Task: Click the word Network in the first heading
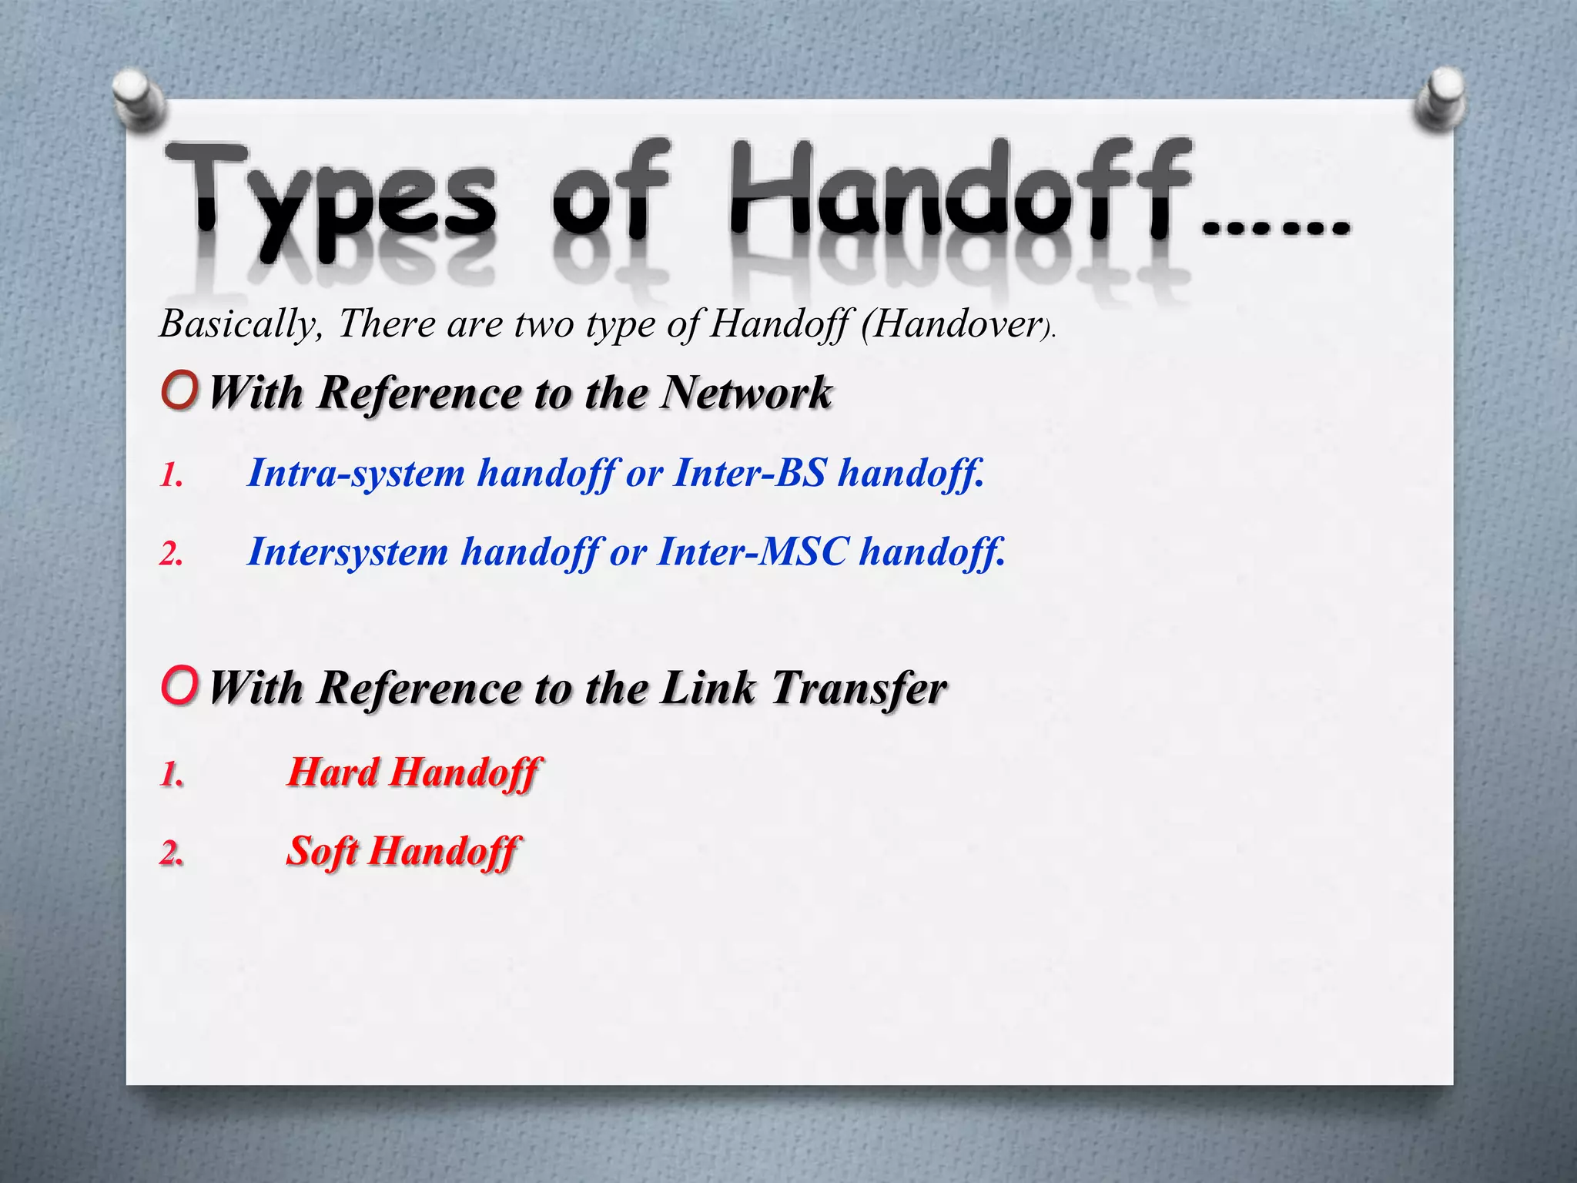coord(746,392)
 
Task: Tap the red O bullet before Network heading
coord(180,390)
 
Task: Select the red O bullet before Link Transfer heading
coord(180,685)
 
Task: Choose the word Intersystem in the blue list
coord(347,551)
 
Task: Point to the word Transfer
coord(859,687)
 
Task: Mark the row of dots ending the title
coord(1275,228)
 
